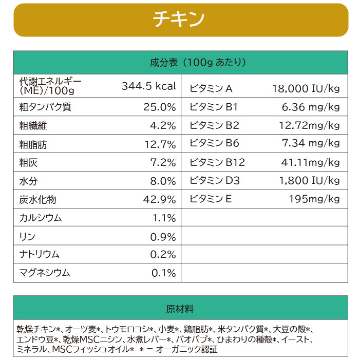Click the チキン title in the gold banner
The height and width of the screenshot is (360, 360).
[x=179, y=19]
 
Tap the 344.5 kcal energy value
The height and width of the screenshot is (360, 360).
[x=149, y=86]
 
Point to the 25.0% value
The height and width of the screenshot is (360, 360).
[x=159, y=107]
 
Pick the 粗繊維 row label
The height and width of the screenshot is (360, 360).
[x=33, y=126]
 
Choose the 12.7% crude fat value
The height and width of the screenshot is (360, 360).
[x=160, y=145]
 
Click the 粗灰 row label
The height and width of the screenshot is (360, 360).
[x=28, y=163]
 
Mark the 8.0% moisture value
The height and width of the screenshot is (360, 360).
[x=163, y=181]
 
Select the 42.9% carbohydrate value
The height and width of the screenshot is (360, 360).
[x=160, y=199]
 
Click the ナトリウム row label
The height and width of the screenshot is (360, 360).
[x=39, y=255]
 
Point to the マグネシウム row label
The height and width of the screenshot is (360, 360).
[x=44, y=273]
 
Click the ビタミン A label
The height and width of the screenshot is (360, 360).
[x=211, y=88]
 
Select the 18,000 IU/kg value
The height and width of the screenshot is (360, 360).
[x=306, y=88]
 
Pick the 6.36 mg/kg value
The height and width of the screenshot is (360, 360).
[x=311, y=107]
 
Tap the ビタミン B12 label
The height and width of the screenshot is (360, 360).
[x=217, y=163]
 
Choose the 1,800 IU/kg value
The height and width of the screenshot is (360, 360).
[x=309, y=181]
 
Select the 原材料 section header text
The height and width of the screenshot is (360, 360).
[x=180, y=309]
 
